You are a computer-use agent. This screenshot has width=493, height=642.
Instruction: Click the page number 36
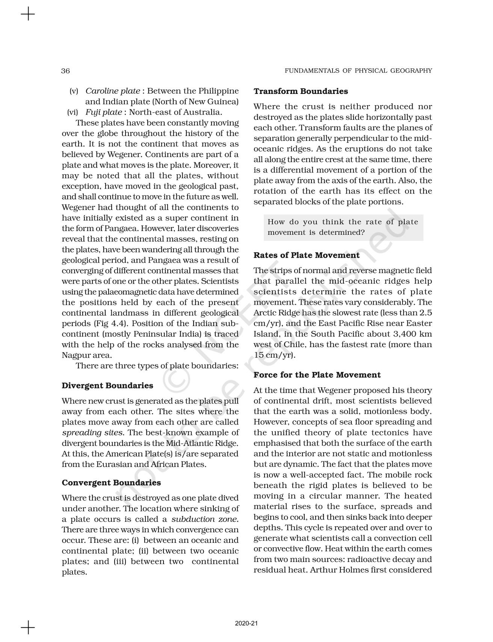coord(66,71)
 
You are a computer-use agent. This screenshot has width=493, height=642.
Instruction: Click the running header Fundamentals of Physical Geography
coord(358,71)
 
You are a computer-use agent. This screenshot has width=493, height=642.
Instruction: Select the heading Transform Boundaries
coord(301,91)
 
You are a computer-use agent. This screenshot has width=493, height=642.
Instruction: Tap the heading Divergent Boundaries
coord(107,386)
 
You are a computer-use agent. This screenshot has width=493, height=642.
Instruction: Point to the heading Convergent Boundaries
coord(111,483)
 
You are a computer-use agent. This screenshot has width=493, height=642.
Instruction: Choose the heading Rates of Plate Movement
coord(306,255)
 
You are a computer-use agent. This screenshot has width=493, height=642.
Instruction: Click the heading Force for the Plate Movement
coord(317,375)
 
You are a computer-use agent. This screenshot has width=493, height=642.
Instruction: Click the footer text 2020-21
coord(246,624)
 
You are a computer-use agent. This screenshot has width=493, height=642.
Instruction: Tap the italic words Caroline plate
coord(113,91)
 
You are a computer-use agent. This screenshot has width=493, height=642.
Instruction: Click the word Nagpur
coord(76,355)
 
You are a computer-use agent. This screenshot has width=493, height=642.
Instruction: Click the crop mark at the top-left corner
coord(28,15)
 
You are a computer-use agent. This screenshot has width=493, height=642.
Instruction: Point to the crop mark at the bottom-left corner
coord(28,627)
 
